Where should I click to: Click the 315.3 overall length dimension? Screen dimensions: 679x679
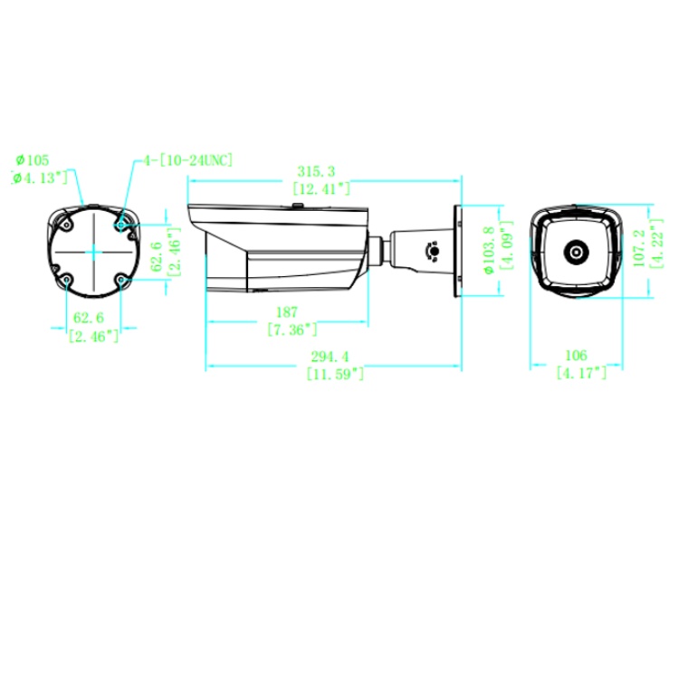316,171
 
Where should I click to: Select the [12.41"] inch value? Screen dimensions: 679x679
321,188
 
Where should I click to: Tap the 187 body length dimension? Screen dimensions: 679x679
287,311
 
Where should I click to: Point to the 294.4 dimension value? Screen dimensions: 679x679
330,357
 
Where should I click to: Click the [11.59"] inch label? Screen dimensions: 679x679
335,373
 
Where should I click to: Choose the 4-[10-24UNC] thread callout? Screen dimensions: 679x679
188,160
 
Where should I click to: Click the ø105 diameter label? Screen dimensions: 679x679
33,160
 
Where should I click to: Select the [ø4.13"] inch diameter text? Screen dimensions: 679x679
40,177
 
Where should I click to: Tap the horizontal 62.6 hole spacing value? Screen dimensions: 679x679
89,318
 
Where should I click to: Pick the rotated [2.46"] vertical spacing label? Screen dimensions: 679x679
174,252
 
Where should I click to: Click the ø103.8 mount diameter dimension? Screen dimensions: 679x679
489,250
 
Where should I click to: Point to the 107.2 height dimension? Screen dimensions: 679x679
639,248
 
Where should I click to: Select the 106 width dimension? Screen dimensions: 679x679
576,355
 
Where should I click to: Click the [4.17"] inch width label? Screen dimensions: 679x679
581,372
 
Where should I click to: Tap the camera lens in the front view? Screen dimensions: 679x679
576,252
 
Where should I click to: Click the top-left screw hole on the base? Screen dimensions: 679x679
66,225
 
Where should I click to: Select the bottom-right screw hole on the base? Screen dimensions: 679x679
121,280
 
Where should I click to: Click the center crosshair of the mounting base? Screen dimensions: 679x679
94,252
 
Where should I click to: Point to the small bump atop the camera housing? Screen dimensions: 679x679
298,206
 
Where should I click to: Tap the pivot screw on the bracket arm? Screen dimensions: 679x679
433,251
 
